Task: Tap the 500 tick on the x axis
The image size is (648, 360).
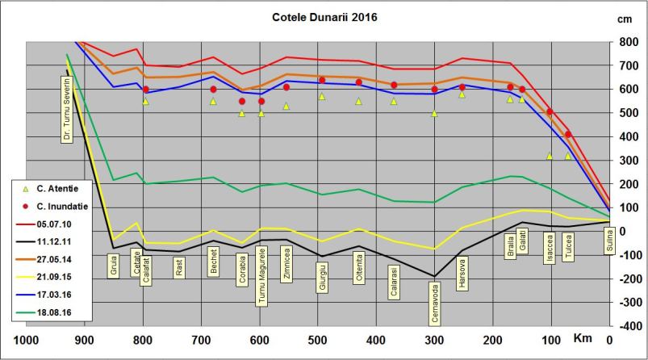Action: [x=318, y=338]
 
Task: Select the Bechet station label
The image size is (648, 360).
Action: [x=213, y=267]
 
